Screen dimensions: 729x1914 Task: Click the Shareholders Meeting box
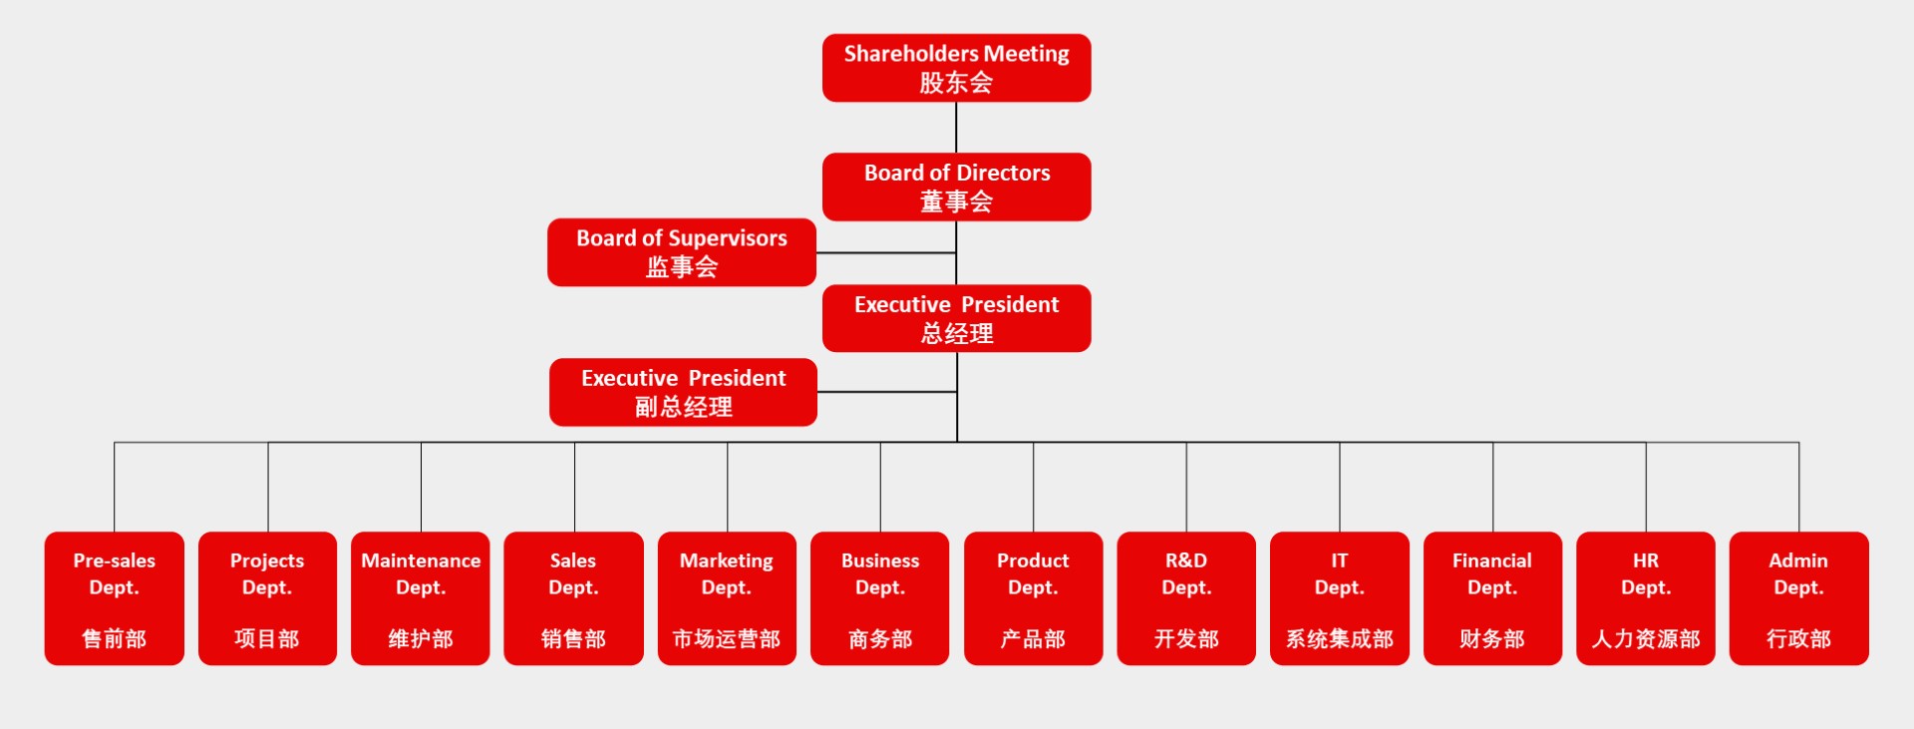pos(956,68)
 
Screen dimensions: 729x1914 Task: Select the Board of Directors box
pos(956,186)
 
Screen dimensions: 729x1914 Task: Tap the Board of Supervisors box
pos(682,252)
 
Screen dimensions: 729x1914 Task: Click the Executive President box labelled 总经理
pos(956,318)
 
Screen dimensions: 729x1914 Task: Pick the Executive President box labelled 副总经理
pos(683,392)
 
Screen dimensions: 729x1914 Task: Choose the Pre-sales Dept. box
pos(115,598)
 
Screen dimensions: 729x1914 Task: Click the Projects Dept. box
pos(267,598)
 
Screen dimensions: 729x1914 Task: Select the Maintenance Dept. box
pos(421,598)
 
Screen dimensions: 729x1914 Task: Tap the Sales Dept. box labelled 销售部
pos(573,598)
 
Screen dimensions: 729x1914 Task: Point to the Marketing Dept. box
pos(727,598)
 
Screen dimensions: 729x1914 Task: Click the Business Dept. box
pos(880,598)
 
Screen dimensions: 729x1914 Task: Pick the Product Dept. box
pos(1033,598)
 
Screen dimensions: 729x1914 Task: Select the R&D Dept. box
pos(1186,598)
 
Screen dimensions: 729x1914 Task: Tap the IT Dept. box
pos(1340,598)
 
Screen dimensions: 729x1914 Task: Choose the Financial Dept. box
pos(1492,598)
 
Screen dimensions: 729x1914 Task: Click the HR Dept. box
pos(1646,598)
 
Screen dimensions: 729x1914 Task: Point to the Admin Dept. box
pos(1798,598)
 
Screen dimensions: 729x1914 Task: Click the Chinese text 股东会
pos(956,83)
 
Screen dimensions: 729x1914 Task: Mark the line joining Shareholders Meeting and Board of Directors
pos(956,128)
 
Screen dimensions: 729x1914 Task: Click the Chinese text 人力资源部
pos(1646,639)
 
